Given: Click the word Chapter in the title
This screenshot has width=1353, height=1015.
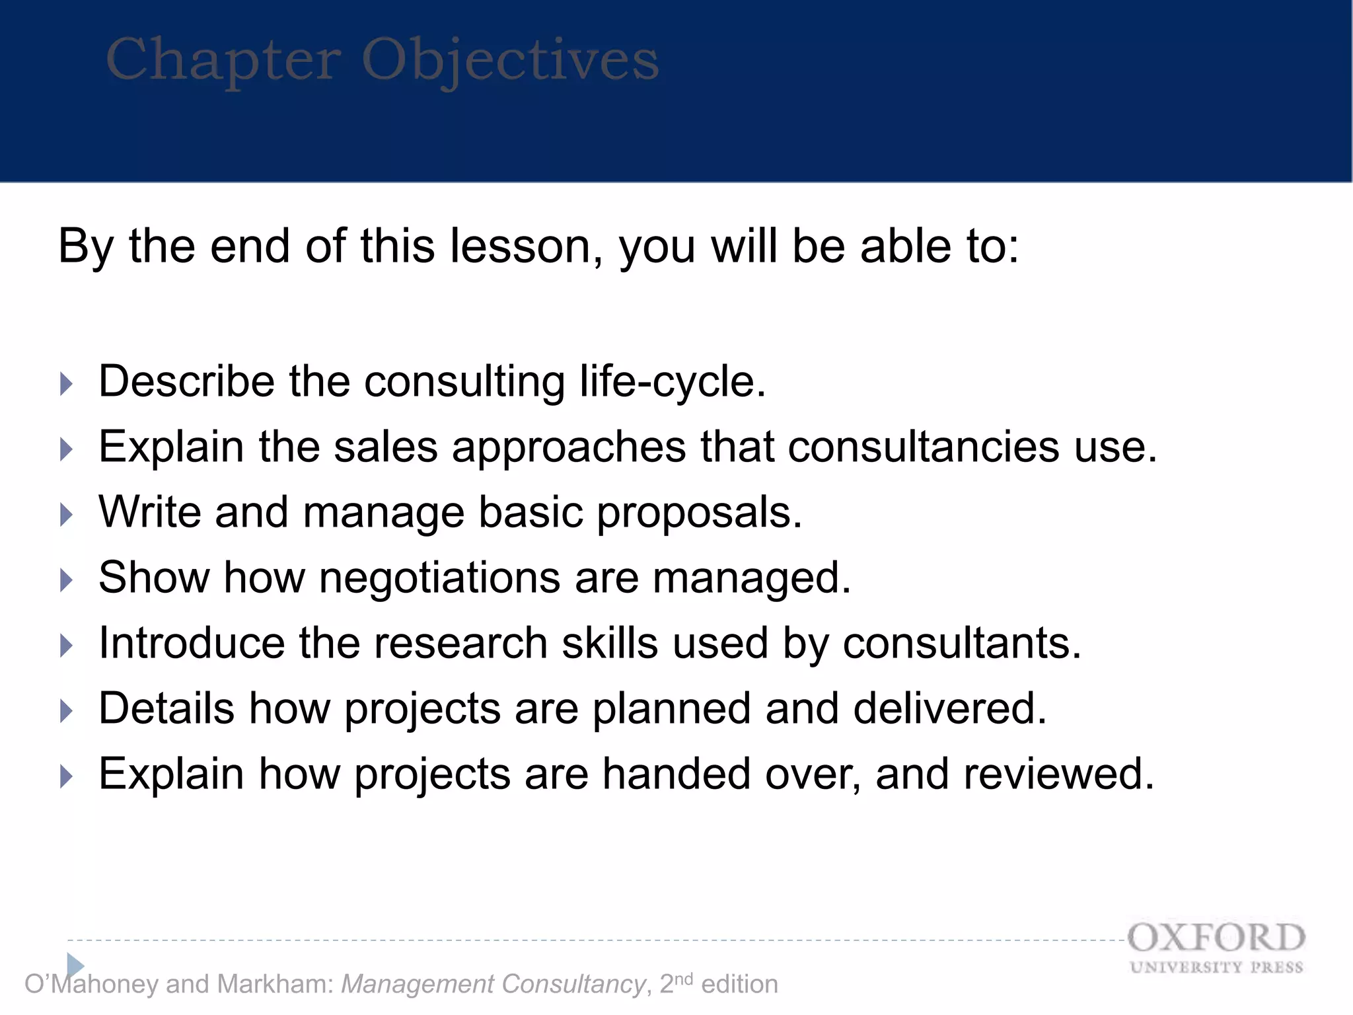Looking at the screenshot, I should coord(223,61).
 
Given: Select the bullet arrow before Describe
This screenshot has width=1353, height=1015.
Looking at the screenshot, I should coord(66,383).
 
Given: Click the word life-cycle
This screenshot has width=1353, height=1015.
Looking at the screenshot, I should coord(672,382).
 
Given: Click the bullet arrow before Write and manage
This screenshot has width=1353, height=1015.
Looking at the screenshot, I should coord(66,514).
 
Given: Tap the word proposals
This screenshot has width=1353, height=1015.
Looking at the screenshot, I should coord(699,513).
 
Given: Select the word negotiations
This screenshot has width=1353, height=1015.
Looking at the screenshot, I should coord(439,578).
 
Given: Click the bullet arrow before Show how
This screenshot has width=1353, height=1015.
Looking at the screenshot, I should coord(66,580).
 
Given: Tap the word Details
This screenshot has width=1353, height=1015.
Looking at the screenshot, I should coord(166,708).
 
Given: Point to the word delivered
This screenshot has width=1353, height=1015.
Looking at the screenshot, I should coord(949,708).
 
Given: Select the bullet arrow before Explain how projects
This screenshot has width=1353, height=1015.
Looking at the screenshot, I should coord(66,776).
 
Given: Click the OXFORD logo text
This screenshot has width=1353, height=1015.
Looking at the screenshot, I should coord(1216,938).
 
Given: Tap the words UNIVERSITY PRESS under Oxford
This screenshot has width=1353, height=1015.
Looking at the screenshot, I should coord(1216,967).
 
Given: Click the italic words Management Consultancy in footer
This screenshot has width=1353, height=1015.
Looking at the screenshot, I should coord(493,984).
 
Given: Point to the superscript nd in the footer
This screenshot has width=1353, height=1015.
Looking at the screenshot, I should coord(684,978).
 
